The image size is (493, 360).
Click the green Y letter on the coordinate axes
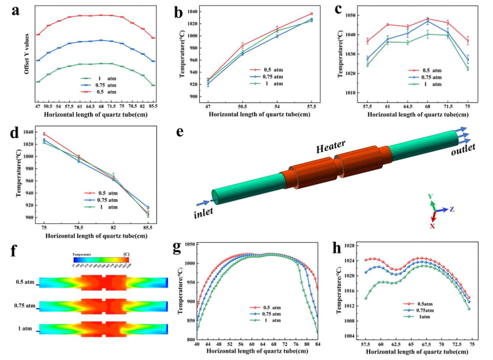click(431, 196)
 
